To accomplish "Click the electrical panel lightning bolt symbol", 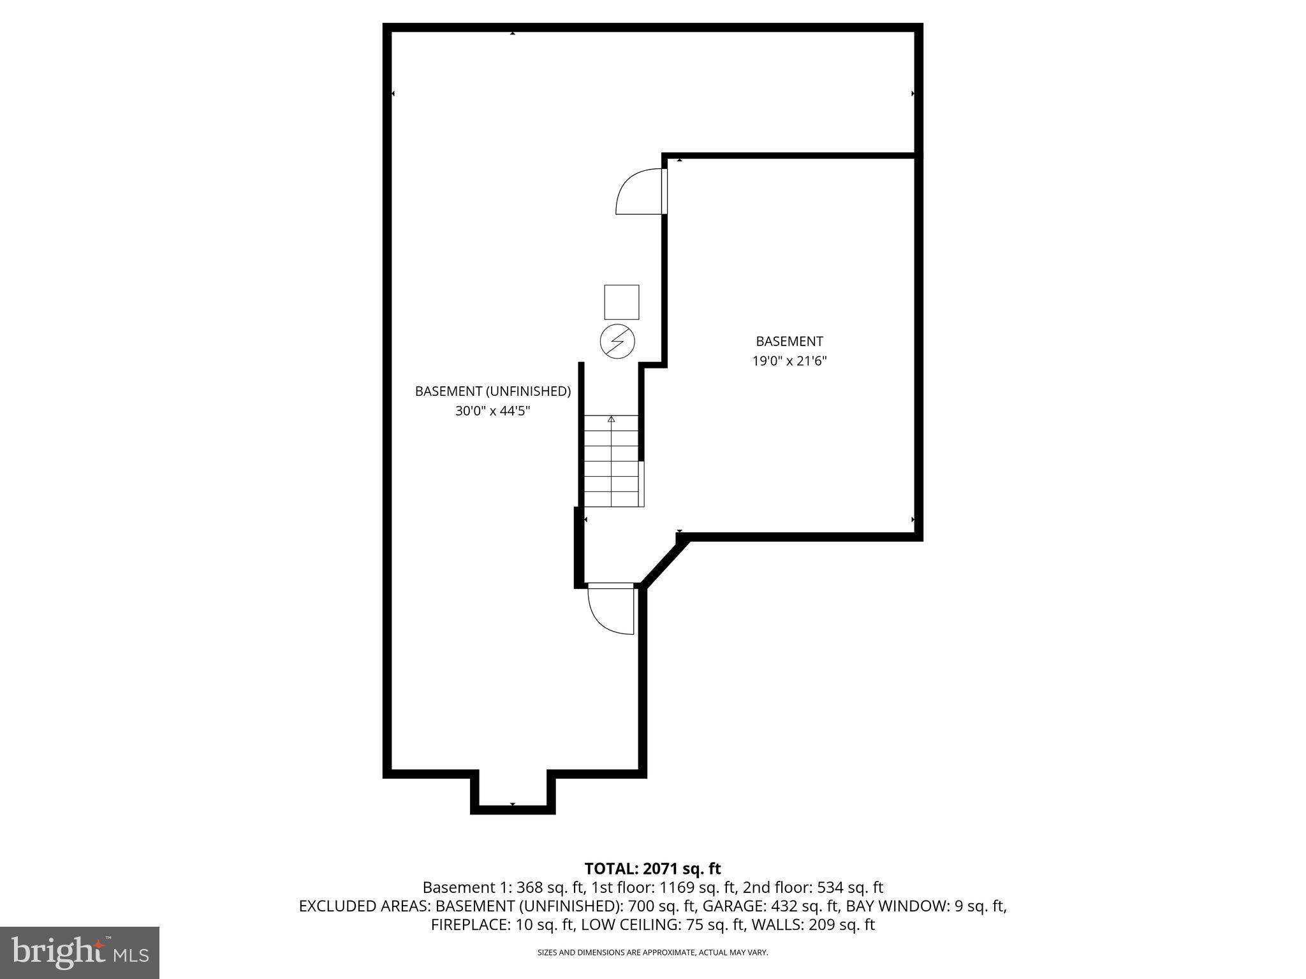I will coord(617,342).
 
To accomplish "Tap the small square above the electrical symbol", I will coord(621,302).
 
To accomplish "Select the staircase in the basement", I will coord(612,461).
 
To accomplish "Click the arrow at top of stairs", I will coord(611,419).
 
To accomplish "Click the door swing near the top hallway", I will coord(638,192).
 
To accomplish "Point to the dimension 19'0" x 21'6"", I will coord(789,361).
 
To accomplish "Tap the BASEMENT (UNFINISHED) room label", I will coord(492,391).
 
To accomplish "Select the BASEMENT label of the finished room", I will coord(789,342).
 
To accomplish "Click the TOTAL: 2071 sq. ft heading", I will coord(652,869).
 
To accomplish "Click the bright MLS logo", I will coord(79,952).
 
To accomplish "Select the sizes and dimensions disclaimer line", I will coord(652,953).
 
